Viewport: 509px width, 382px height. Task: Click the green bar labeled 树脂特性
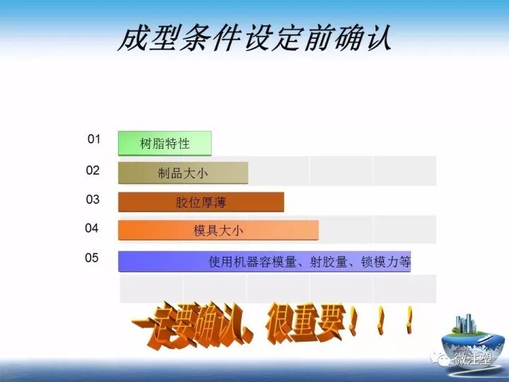(x=164, y=144)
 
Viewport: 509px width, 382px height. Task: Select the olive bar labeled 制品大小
(x=182, y=173)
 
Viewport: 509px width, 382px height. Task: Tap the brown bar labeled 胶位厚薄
(x=201, y=202)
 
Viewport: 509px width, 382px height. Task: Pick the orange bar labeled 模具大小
(x=218, y=231)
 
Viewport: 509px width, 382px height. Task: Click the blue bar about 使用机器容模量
(x=264, y=261)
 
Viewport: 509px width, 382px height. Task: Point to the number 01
(x=94, y=139)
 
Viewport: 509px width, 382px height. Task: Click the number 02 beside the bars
(x=93, y=170)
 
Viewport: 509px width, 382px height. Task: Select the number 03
(x=93, y=199)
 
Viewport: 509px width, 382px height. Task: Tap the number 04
(x=92, y=228)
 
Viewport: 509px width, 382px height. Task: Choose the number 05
(x=92, y=258)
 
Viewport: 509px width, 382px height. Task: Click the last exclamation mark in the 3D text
(x=409, y=319)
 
